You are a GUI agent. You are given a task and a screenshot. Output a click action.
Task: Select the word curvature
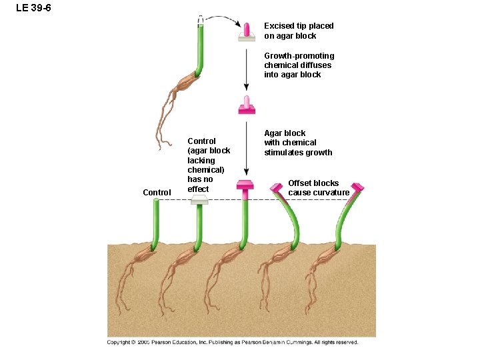pyautogui.click(x=327, y=193)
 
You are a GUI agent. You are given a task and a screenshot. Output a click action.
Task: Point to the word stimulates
pyautogui.click(x=280, y=153)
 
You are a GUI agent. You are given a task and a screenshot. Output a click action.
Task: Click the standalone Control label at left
pyautogui.click(x=157, y=193)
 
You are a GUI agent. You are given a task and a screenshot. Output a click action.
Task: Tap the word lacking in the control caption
pyautogui.click(x=201, y=161)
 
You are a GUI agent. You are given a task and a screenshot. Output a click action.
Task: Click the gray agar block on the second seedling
pyautogui.click(x=199, y=201)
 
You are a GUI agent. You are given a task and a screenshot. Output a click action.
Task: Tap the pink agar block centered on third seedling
pyautogui.click(x=245, y=185)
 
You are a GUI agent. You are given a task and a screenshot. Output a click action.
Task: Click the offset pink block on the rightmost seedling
pyautogui.click(x=357, y=187)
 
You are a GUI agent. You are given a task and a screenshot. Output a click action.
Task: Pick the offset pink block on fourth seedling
pyautogui.click(x=277, y=187)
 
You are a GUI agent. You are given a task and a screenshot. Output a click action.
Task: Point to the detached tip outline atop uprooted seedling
pyautogui.click(x=201, y=21)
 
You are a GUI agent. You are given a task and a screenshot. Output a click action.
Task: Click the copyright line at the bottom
pyautogui.click(x=233, y=343)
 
